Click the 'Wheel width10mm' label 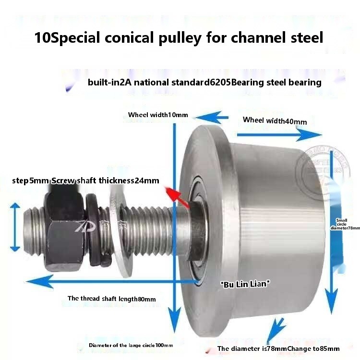pos(158,115)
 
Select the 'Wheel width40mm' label pos(275,120)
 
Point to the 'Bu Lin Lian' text pos(245,284)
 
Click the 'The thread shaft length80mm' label pos(111,299)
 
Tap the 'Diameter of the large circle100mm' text pos(131,345)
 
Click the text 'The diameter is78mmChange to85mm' pos(278,348)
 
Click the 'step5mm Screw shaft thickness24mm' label pos(85,181)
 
